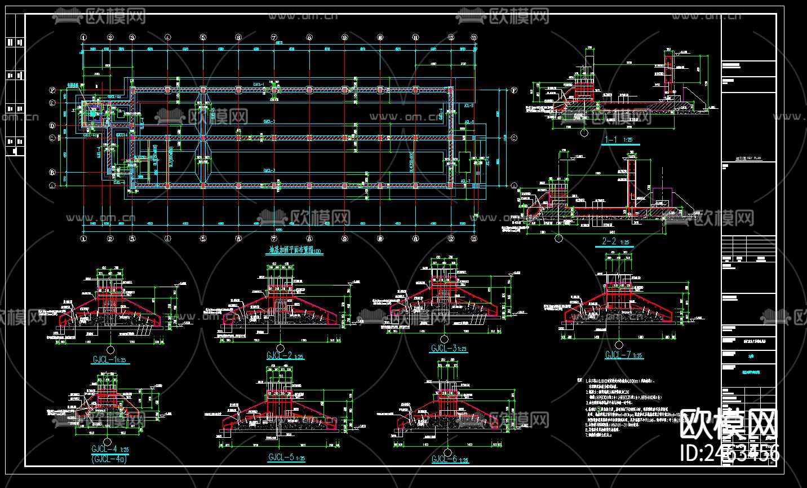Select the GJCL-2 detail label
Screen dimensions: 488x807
click(285, 355)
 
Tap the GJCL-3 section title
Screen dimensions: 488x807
click(449, 349)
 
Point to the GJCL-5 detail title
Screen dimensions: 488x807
click(286, 458)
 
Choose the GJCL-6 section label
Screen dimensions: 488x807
click(449, 459)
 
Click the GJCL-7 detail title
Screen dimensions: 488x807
click(623, 355)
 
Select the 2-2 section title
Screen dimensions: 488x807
click(614, 242)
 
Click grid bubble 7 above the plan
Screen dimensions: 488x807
click(274, 38)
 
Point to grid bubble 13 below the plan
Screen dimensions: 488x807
click(475, 239)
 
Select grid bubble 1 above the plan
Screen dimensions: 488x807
click(84, 38)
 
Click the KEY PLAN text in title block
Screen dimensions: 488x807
click(750, 159)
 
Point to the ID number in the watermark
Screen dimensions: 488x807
click(730, 453)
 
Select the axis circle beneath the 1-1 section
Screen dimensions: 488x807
click(584, 133)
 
